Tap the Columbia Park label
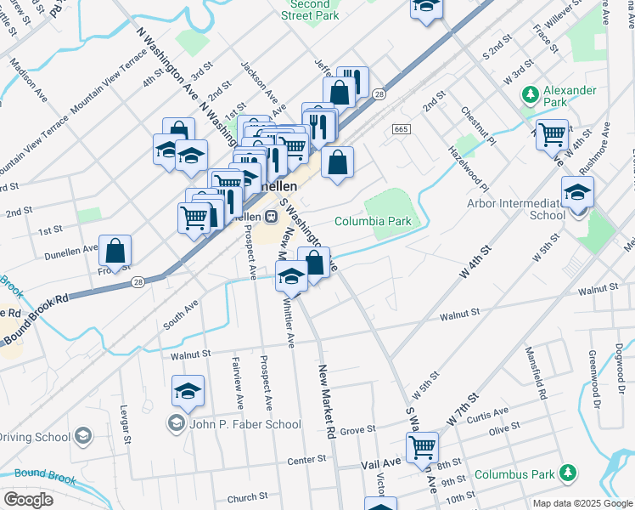click(373, 221)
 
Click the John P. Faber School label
click(244, 424)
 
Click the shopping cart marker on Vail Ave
click(422, 445)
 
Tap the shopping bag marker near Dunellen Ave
click(115, 251)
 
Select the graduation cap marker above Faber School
click(188, 391)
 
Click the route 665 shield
click(402, 128)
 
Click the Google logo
click(27, 500)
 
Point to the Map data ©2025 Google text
click(582, 503)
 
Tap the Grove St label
click(358, 431)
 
